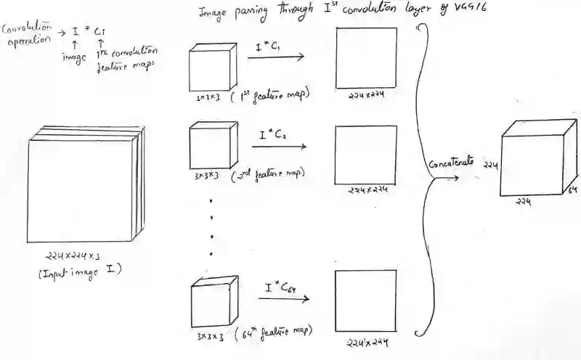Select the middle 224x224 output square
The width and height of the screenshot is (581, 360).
366,154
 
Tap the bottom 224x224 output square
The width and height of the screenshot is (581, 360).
365,300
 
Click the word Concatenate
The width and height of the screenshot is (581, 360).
451,163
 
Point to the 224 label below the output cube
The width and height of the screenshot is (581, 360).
523,202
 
